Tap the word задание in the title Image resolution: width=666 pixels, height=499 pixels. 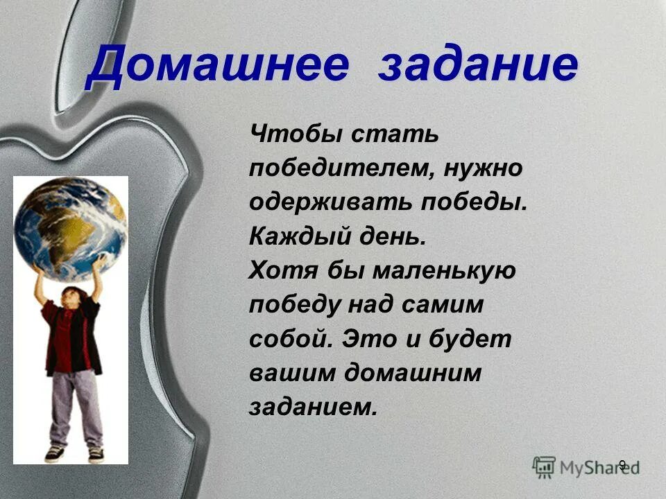479,67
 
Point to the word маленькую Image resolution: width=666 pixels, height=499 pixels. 444,271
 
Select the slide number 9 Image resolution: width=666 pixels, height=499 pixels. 622,465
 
